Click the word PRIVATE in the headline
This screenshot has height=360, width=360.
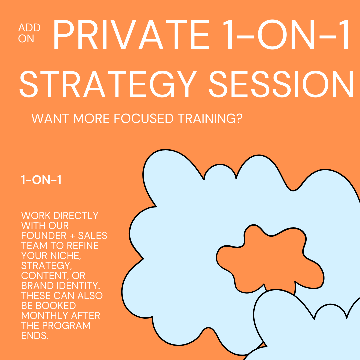click(x=131, y=35)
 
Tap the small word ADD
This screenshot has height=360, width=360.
click(x=29, y=28)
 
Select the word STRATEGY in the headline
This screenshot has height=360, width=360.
click(x=108, y=84)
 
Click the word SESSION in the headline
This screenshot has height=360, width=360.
click(x=281, y=84)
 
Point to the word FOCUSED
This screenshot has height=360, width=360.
click(x=143, y=118)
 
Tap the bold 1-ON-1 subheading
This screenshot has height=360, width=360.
click(x=41, y=180)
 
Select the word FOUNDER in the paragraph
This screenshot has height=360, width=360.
click(x=44, y=236)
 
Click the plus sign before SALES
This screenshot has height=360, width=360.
click(x=72, y=236)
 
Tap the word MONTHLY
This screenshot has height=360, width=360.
click(x=45, y=316)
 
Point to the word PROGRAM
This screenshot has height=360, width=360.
click(x=66, y=326)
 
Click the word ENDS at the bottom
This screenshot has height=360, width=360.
click(x=35, y=336)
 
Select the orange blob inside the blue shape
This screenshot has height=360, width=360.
click(x=270, y=258)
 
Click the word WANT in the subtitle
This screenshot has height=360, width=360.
click(x=50, y=118)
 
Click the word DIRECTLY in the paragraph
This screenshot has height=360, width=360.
click(x=76, y=216)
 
